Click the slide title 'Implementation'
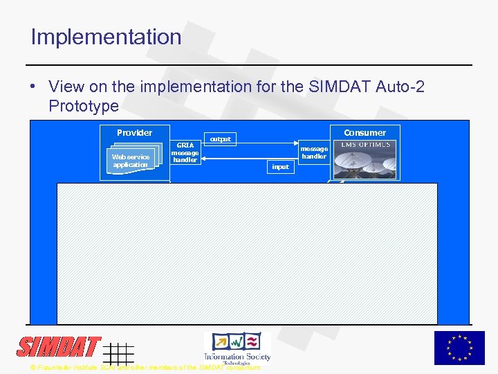(x=106, y=37)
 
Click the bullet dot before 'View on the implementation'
(x=33, y=87)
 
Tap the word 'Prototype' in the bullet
(x=84, y=107)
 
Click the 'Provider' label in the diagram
(x=134, y=132)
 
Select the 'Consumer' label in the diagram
(x=365, y=132)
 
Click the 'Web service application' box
(x=131, y=161)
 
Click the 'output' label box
(x=220, y=139)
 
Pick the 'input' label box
(x=280, y=167)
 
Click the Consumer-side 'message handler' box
(x=313, y=152)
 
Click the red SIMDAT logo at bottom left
(x=59, y=347)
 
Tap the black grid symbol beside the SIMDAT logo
(x=118, y=353)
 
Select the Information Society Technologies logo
(x=237, y=347)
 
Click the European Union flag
(x=459, y=348)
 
